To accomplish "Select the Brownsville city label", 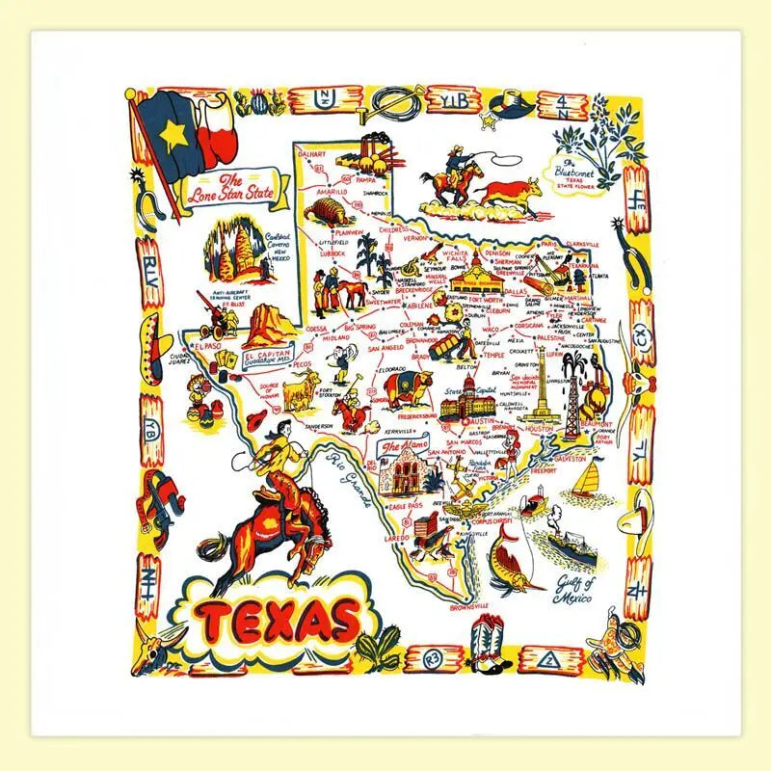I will click(469, 605).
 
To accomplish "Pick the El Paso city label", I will click(207, 344).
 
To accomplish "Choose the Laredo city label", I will click(397, 535).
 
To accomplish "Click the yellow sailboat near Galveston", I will click(585, 479).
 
